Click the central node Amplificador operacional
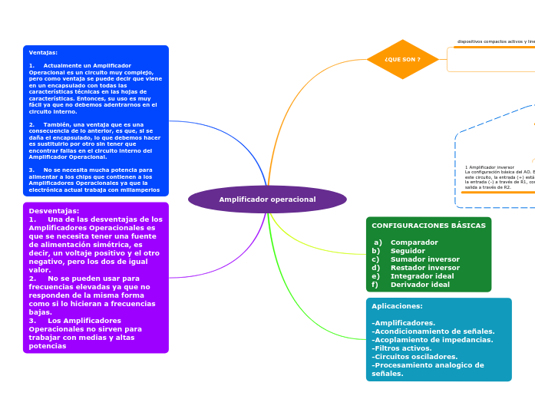(267, 199)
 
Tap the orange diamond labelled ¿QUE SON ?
(402, 59)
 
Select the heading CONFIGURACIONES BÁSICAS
(428, 226)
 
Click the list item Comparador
(414, 242)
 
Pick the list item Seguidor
(408, 251)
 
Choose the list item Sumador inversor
(424, 259)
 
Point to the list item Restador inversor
(424, 268)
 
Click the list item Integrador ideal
(421, 276)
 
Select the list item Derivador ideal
(420, 285)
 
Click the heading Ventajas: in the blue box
(43, 52)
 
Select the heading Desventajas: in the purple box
(54, 211)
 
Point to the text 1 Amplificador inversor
(490, 167)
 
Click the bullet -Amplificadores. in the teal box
(403, 323)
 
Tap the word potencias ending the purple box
(48, 346)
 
